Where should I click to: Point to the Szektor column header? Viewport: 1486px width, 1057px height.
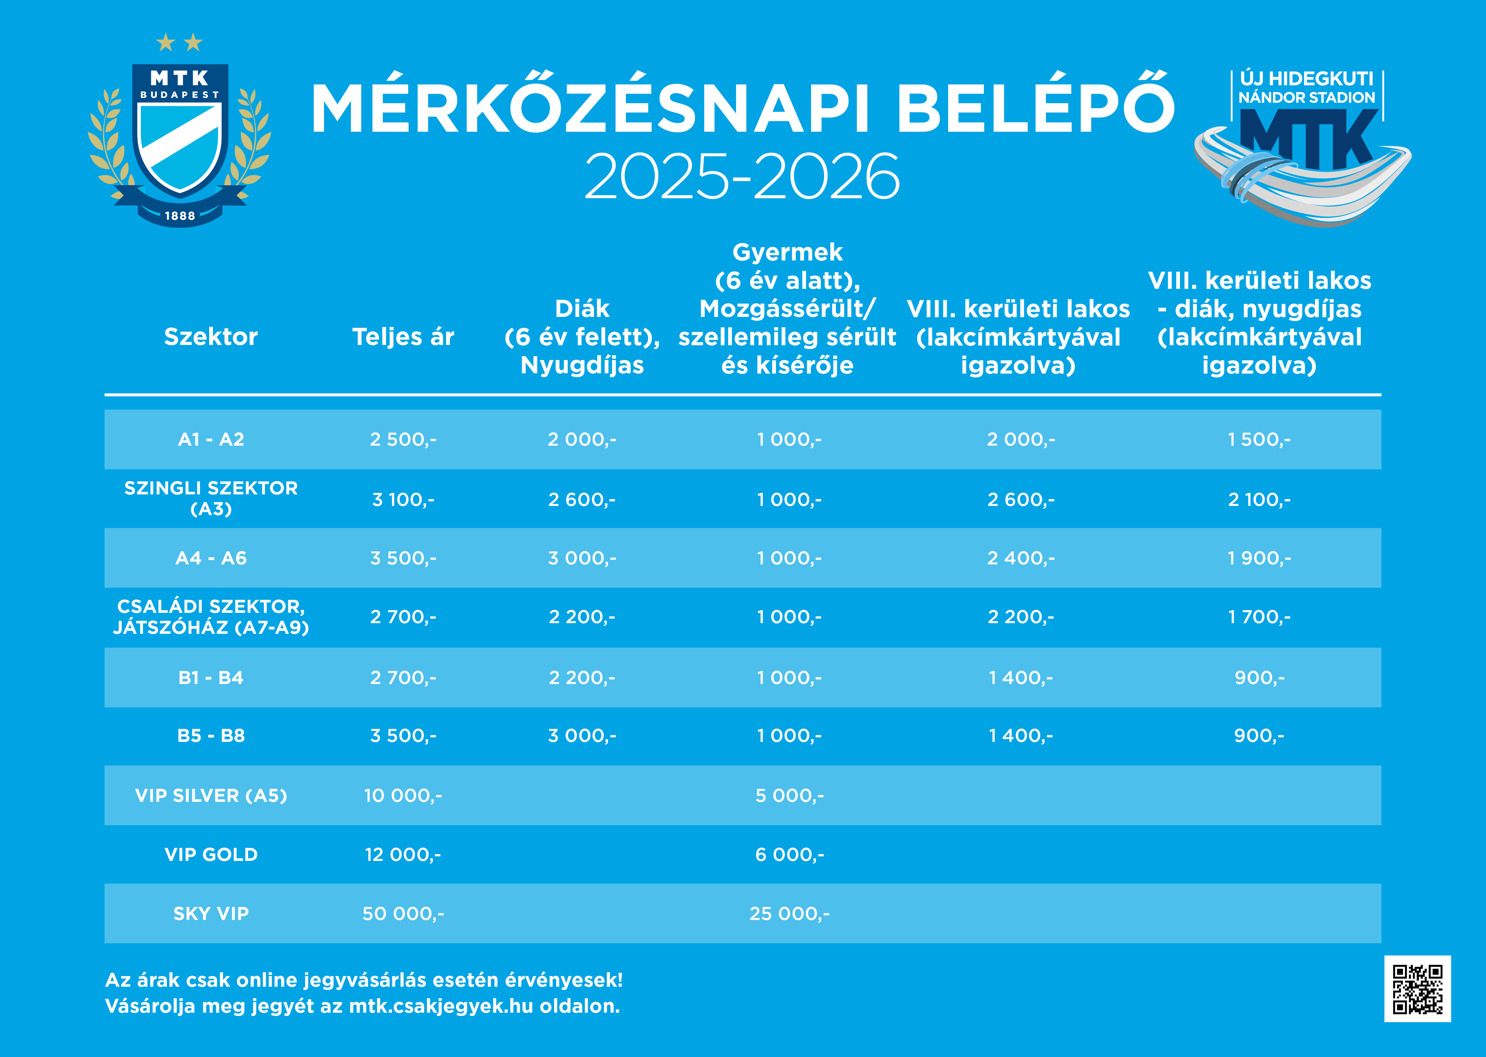(x=211, y=337)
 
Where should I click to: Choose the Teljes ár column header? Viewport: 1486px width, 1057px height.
(x=403, y=337)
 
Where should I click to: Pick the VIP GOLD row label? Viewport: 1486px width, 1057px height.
(x=211, y=855)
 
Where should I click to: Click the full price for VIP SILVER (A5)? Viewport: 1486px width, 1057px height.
(x=403, y=795)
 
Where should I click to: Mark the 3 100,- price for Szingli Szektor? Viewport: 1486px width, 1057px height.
(x=403, y=499)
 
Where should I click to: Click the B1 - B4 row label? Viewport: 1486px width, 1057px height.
(x=211, y=677)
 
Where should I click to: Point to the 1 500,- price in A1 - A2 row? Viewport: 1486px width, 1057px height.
(x=1259, y=439)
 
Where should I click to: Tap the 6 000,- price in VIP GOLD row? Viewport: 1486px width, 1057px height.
(x=789, y=855)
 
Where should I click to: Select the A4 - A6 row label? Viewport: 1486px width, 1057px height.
(x=211, y=558)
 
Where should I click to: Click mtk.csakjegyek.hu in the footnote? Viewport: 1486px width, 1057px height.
(x=441, y=1006)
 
